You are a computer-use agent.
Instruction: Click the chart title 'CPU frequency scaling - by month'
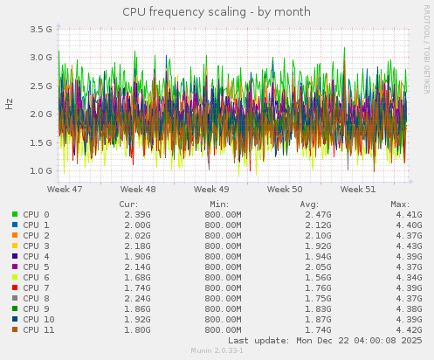[x=217, y=11]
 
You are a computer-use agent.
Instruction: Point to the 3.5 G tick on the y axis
[x=41, y=29]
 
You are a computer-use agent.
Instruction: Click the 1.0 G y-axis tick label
[x=41, y=170]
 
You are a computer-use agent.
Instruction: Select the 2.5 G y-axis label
[x=41, y=86]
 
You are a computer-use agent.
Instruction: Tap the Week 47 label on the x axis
[x=65, y=189]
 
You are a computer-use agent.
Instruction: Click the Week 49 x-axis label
[x=211, y=189]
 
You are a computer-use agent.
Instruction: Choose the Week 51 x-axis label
[x=358, y=189]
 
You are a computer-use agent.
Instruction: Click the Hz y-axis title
[x=10, y=103]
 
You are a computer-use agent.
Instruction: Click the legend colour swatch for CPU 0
[x=15, y=214]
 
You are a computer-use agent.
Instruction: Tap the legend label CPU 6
[x=36, y=277]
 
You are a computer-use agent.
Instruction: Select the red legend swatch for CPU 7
[x=15, y=287]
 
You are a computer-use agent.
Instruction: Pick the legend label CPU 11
[x=38, y=329]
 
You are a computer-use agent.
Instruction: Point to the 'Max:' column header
[x=401, y=204]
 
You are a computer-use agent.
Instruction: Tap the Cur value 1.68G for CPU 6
[x=137, y=277]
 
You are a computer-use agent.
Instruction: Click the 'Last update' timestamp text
[x=325, y=340]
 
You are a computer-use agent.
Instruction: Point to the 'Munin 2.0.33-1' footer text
[x=217, y=350]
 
